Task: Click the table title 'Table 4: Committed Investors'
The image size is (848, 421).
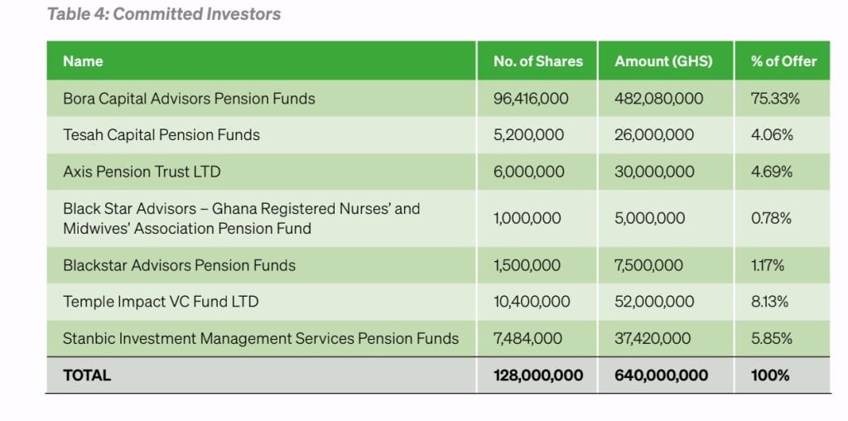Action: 163,14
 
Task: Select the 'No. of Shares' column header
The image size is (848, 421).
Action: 537,61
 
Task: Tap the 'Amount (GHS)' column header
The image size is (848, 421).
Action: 663,61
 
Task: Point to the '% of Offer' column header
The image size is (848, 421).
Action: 783,61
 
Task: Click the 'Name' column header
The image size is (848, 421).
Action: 83,61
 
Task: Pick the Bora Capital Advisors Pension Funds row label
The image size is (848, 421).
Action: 189,99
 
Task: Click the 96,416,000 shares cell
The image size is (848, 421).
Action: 531,99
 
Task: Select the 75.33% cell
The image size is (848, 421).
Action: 775,99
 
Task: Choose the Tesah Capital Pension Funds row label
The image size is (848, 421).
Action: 161,135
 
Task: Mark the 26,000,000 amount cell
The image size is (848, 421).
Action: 654,135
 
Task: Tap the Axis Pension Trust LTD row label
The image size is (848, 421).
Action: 142,172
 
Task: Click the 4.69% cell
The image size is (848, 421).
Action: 772,172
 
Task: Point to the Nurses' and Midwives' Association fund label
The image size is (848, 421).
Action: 242,218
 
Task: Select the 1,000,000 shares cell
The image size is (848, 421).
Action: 527,218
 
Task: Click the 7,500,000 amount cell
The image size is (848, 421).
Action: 649,266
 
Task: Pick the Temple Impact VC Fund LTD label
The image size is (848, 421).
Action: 161,302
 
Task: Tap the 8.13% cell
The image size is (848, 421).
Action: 770,302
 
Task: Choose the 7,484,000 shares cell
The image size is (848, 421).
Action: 528,339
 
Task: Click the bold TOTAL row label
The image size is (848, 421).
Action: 87,375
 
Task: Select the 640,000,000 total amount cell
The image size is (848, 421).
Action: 661,375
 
